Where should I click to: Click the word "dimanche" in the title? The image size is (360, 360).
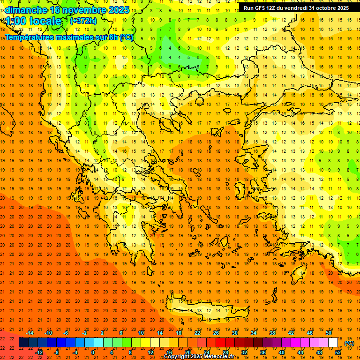tap(26, 9)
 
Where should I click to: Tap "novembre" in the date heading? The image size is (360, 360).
tap(85, 9)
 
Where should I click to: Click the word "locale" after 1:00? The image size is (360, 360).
tap(45, 21)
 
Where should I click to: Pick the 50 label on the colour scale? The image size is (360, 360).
tap(328, 333)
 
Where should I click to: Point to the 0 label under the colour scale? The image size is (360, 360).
tap(93, 352)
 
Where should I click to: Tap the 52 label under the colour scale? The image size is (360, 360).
tap(338, 352)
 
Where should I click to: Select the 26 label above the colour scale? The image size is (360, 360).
tap(216, 333)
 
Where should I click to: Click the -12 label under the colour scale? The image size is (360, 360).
tap(39, 352)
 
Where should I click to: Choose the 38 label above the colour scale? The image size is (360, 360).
tap(272, 333)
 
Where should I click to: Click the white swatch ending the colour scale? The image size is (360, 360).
tap(333, 343)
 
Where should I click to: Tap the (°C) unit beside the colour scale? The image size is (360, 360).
tap(349, 343)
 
